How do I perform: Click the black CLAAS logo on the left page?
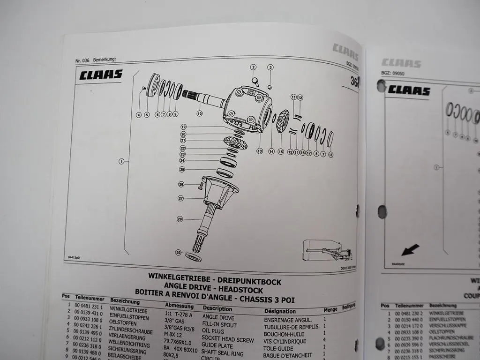(100, 75)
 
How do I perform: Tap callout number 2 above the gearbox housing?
(254, 67)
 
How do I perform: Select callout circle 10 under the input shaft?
(199, 113)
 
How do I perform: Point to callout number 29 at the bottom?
(178, 253)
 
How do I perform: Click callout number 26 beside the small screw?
(180, 184)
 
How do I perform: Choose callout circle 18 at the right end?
(330, 155)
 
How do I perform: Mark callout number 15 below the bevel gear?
(281, 151)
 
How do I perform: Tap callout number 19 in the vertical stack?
(184, 127)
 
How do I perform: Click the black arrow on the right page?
(410, 250)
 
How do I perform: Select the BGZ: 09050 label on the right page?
(393, 74)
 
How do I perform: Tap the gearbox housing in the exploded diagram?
(248, 108)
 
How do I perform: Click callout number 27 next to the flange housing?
(180, 199)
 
